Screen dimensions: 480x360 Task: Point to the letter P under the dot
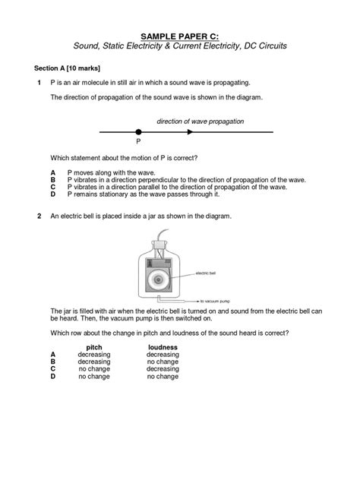(x=137, y=141)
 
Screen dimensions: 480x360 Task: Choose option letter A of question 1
(x=53, y=174)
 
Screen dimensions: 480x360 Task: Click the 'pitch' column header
(x=94, y=347)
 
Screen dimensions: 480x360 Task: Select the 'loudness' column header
(x=163, y=347)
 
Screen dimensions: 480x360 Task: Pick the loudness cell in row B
(x=163, y=362)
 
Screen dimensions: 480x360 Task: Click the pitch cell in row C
(x=94, y=368)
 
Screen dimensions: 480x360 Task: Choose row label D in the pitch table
(x=53, y=376)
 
